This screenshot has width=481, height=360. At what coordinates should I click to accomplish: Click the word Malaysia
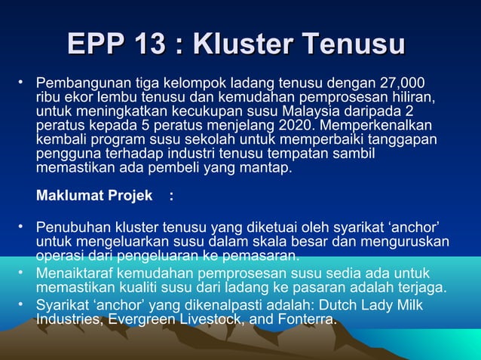coord(353,111)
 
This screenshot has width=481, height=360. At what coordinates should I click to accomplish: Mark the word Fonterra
coord(305,319)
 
